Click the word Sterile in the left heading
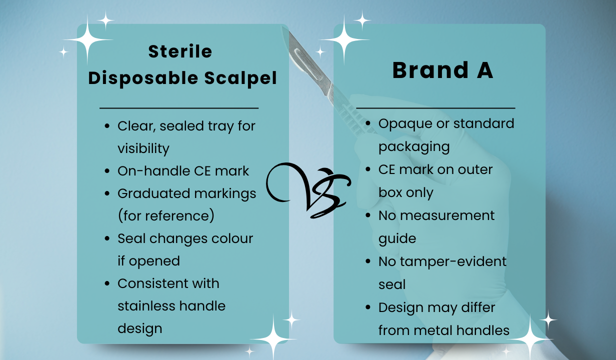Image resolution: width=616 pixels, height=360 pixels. [x=180, y=51]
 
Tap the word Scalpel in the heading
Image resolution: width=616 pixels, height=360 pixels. [x=240, y=78]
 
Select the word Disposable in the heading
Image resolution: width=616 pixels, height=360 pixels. [x=143, y=78]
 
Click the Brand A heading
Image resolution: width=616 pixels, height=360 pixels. [x=442, y=70]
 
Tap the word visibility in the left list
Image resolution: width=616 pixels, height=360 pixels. [x=143, y=149]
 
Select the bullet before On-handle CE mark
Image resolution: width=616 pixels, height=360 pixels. [x=107, y=171]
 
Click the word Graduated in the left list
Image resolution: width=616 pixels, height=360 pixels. [x=153, y=193]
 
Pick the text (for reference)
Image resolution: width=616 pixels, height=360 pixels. [x=166, y=216]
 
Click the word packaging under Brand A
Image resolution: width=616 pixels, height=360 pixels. [x=414, y=147]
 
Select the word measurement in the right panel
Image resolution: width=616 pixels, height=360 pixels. [x=447, y=215]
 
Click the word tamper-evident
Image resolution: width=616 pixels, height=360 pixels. [x=453, y=261]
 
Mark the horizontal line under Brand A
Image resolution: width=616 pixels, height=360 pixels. [x=435, y=108]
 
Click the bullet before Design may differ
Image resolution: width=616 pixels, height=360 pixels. [x=368, y=307]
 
